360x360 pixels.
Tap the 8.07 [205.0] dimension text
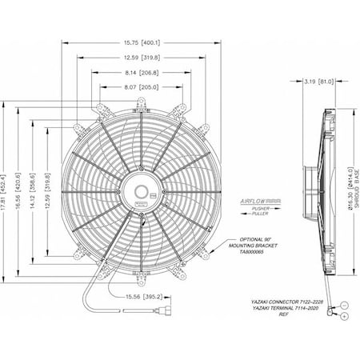(140, 85)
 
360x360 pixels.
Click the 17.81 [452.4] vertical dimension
(6, 193)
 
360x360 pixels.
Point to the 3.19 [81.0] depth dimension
(320, 82)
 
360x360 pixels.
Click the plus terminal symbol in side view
(343, 317)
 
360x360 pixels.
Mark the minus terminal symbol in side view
(343, 305)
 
